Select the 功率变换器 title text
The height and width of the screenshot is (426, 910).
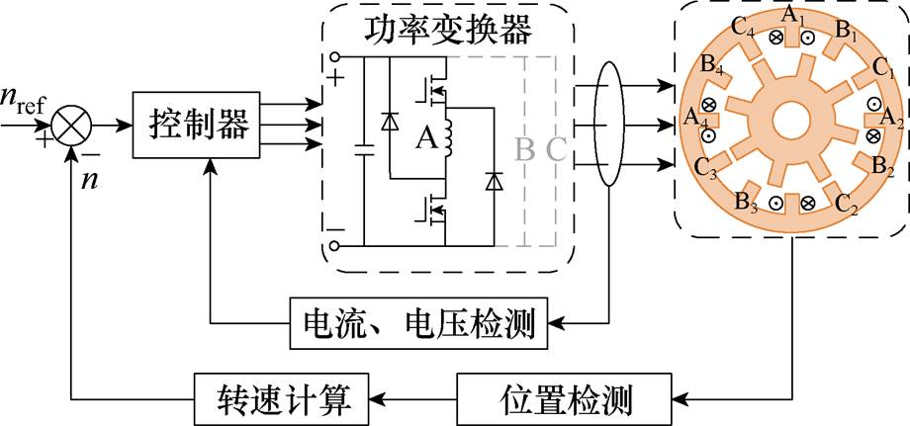[448, 31]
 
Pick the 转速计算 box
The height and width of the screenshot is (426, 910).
[280, 400]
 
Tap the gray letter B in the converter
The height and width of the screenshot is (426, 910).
[524, 149]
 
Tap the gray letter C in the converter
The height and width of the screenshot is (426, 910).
[557, 149]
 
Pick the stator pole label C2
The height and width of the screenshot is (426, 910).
[847, 206]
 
